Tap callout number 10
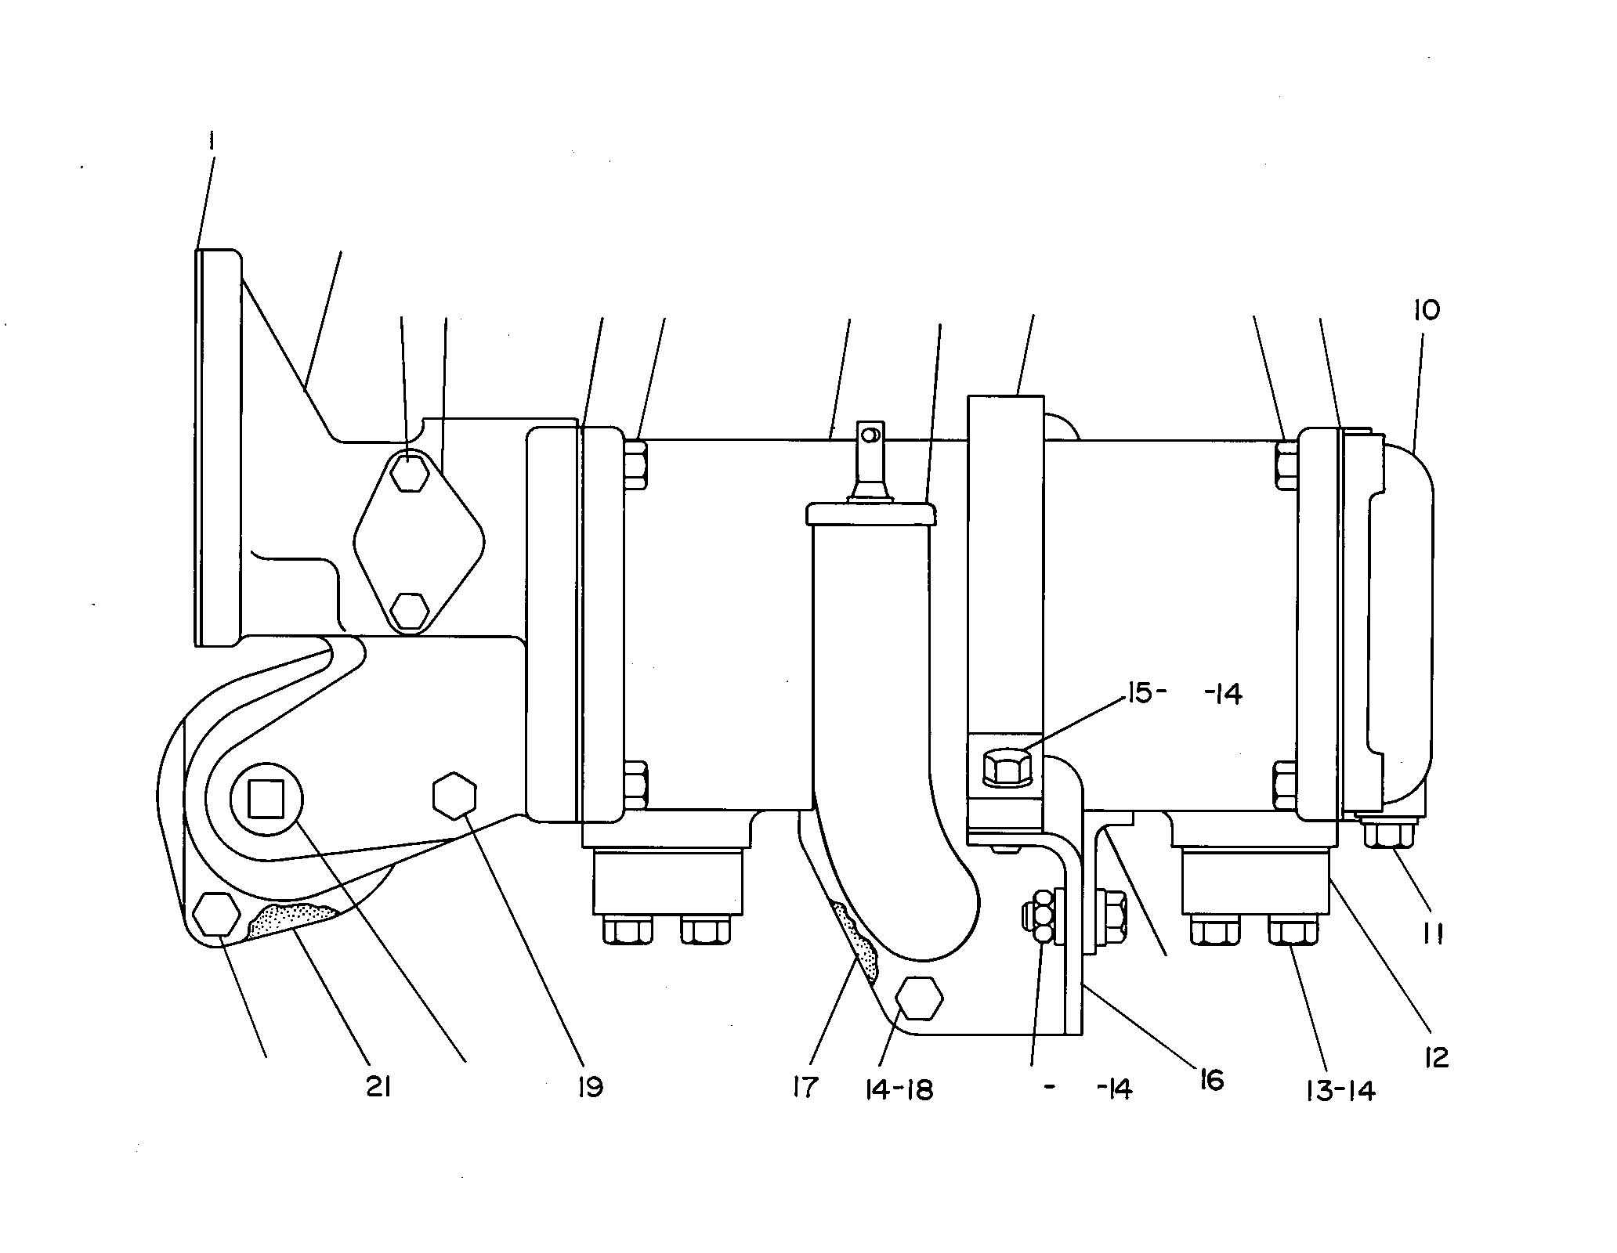(1427, 310)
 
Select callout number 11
(1434, 934)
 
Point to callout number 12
(1435, 1057)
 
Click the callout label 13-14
(1341, 1091)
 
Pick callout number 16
(1210, 1081)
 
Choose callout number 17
(805, 1087)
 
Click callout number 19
(590, 1087)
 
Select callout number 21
(378, 1087)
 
